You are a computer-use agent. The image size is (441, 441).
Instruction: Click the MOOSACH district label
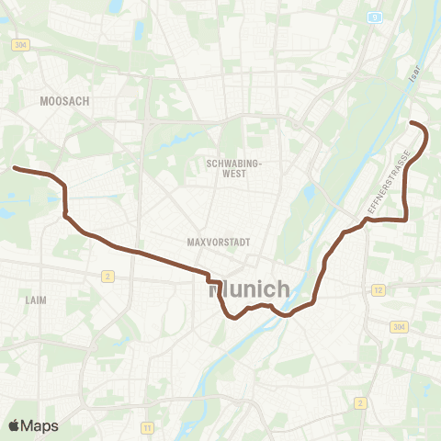coord(64,101)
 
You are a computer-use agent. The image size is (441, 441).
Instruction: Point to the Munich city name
coord(250,288)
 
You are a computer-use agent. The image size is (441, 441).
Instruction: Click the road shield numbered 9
coord(375,17)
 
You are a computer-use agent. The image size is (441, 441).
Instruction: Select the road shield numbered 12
coord(377,290)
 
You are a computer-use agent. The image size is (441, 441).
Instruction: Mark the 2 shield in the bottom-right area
coord(361,402)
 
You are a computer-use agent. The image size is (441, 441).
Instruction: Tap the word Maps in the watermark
coord(41,425)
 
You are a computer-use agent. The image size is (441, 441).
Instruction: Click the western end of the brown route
coord(14,168)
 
